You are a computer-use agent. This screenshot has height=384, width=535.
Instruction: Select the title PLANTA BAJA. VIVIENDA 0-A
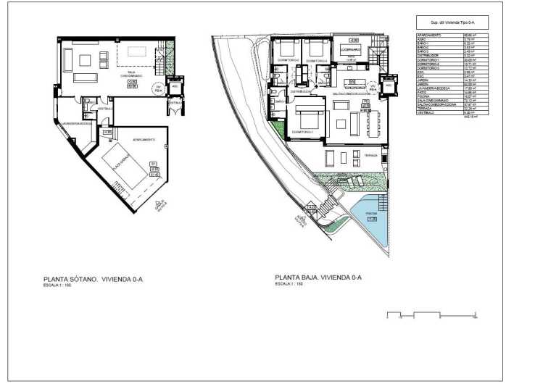pos(318,277)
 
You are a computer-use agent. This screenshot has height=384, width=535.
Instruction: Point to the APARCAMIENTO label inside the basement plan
pos(142,138)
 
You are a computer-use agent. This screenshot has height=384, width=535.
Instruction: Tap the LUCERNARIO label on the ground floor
pos(354,50)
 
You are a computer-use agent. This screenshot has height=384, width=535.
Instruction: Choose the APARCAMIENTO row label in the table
pos(429,34)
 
